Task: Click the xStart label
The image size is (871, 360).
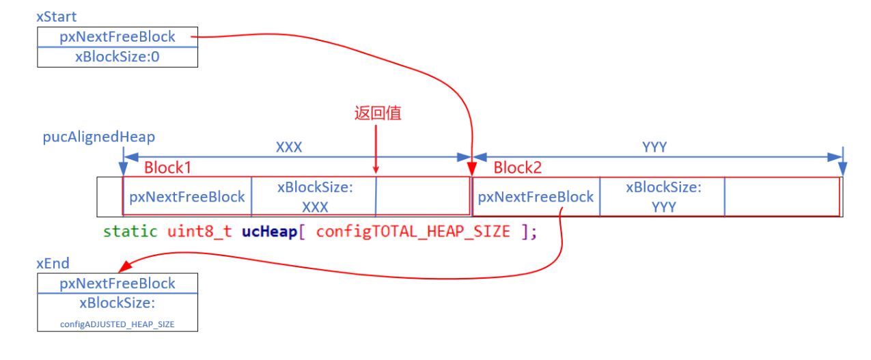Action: (57, 16)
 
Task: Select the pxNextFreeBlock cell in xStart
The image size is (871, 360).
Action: (117, 37)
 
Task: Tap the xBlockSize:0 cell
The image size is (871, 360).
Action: (117, 57)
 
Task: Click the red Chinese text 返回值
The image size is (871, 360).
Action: (377, 113)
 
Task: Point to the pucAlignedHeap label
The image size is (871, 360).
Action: (98, 137)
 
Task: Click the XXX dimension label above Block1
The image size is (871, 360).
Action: (288, 148)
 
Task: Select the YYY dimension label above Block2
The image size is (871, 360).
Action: (654, 148)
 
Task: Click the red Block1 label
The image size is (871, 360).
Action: (168, 168)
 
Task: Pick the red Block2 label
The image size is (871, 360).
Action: (517, 168)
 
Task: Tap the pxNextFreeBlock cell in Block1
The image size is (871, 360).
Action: (187, 197)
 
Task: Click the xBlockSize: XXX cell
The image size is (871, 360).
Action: (314, 197)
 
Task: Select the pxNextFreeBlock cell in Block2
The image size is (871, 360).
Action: (536, 197)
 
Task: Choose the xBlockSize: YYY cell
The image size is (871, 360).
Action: (663, 197)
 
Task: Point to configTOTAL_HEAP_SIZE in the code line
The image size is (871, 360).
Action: (413, 232)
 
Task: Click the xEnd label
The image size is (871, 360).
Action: (53, 263)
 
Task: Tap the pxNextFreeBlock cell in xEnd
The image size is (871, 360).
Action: (117, 283)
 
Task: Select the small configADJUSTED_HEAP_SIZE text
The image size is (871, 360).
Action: (117, 324)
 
